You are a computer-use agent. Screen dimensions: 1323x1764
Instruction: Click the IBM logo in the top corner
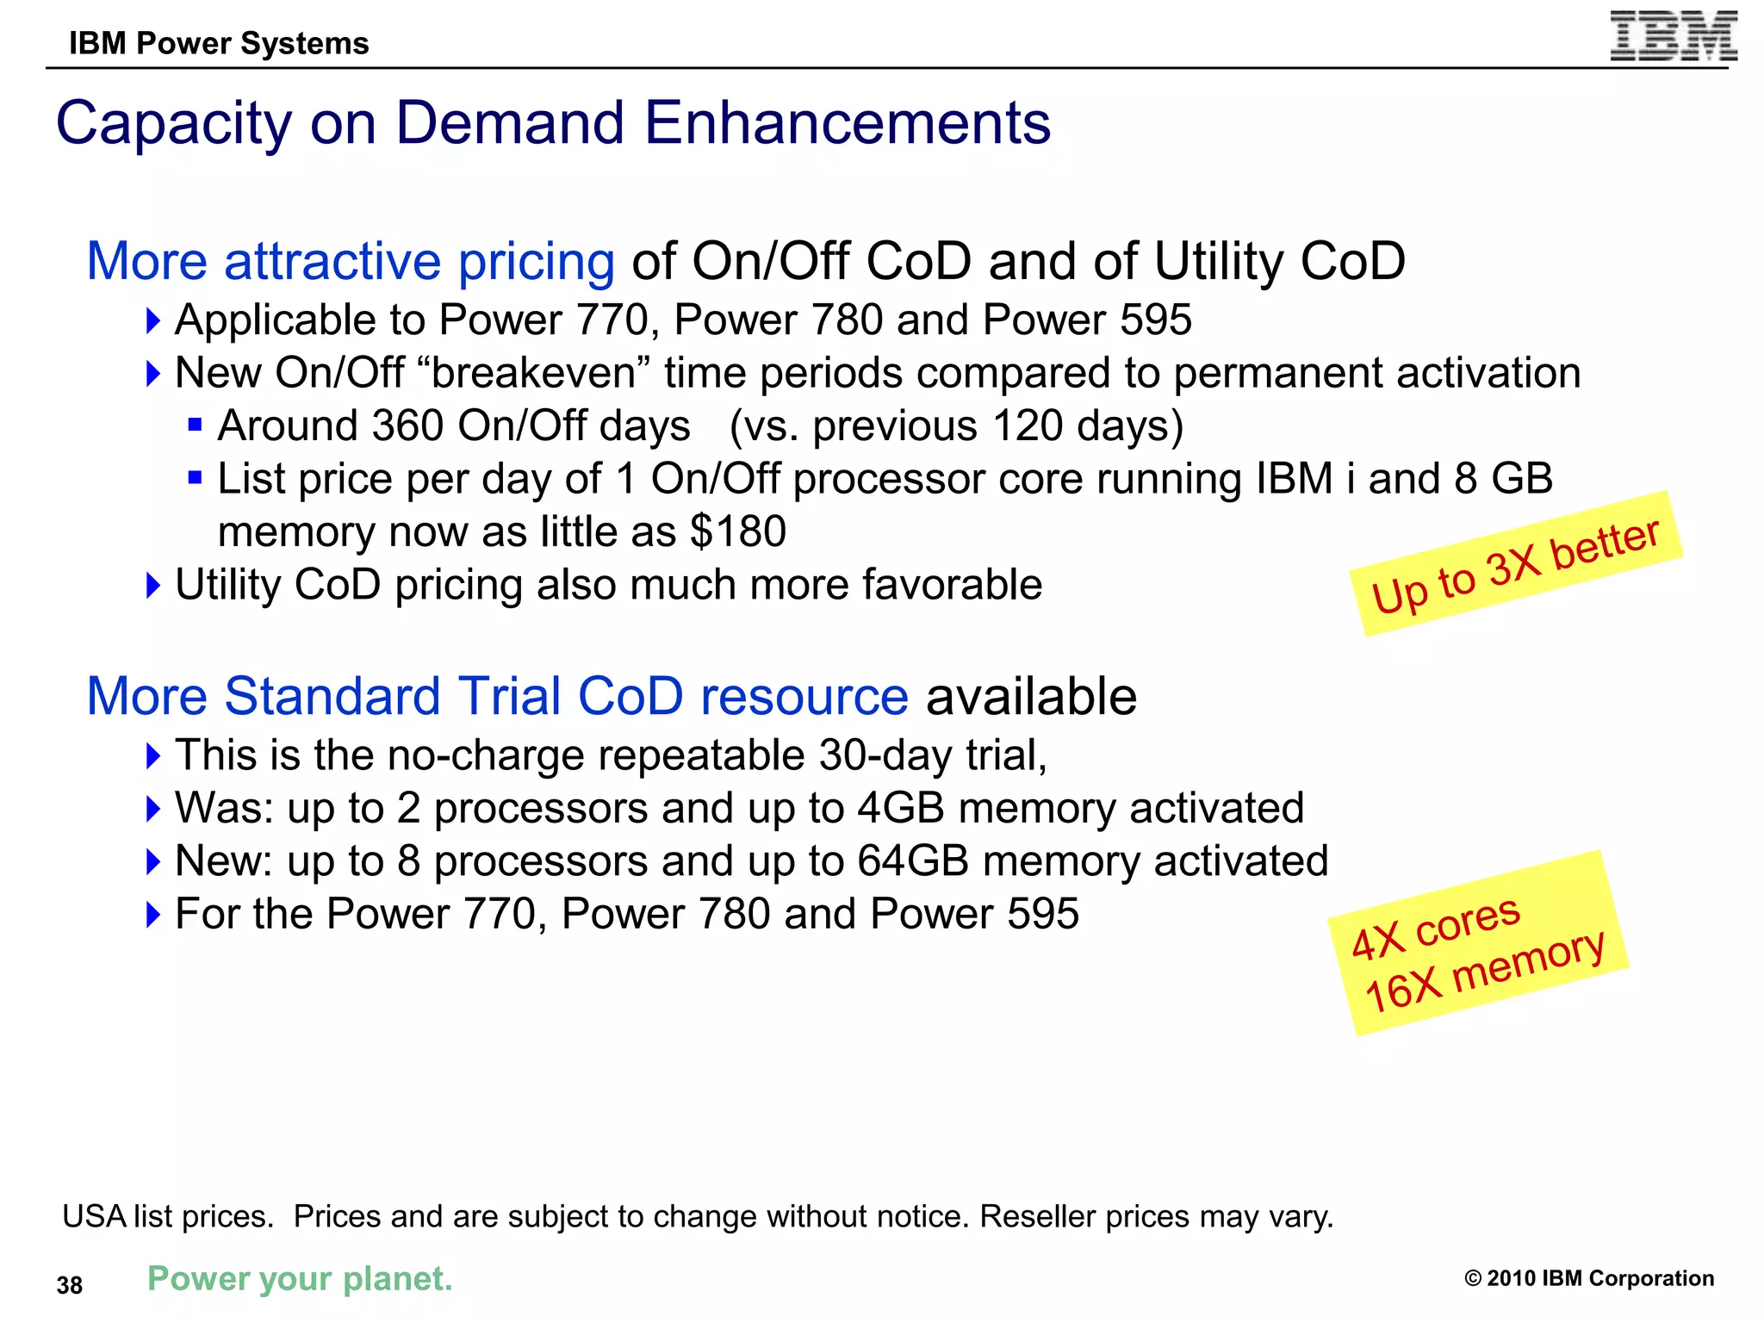(x=1674, y=36)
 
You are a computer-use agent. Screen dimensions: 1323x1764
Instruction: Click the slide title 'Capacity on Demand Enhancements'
(x=553, y=123)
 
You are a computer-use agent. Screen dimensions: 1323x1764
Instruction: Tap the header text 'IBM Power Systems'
(x=219, y=43)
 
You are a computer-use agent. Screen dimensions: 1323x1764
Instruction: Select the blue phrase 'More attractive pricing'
(x=351, y=261)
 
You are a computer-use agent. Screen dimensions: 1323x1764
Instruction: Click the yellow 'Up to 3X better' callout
(x=1515, y=564)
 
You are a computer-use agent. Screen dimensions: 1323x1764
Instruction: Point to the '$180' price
(x=738, y=531)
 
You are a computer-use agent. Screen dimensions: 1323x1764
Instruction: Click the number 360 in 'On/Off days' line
(x=407, y=426)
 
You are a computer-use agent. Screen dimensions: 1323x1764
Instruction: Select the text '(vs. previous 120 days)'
(x=956, y=426)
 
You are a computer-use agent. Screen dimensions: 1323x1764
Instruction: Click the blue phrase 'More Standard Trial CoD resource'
(x=497, y=696)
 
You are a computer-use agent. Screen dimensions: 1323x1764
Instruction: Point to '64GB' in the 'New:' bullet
(x=912, y=861)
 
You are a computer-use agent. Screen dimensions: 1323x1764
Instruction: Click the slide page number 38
(x=70, y=1285)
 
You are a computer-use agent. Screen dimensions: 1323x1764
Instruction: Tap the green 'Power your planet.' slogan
(x=300, y=1279)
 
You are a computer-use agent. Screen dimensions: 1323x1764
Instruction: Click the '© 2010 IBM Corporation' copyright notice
(x=1588, y=1278)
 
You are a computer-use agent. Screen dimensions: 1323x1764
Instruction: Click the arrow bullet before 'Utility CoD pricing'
(x=153, y=586)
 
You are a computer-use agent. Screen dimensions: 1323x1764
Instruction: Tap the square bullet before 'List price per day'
(x=196, y=477)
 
